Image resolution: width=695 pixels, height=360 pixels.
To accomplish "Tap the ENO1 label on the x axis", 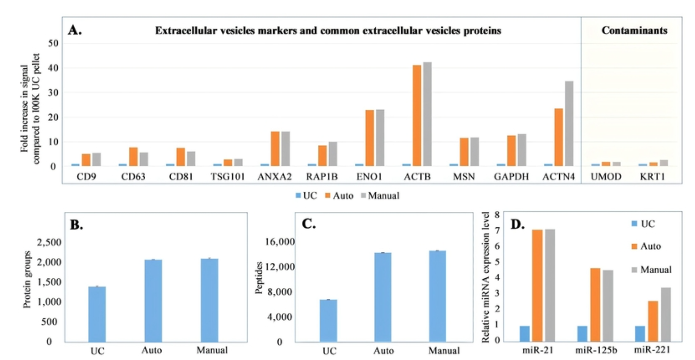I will [x=369, y=177].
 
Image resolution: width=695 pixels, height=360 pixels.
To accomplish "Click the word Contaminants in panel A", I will [x=634, y=30].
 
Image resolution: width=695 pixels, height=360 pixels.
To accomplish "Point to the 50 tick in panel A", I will [x=53, y=43].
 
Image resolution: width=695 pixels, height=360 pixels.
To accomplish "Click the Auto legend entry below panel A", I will [x=339, y=196].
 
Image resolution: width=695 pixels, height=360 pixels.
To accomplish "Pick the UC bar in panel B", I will [x=97, y=314].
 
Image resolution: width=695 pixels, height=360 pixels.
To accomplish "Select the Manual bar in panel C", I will [x=437, y=296].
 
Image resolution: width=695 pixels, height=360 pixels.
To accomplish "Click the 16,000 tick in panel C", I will [x=280, y=242].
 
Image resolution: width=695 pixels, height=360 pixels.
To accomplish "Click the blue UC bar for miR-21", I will [x=525, y=333].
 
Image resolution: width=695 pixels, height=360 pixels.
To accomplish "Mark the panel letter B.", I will [x=76, y=225].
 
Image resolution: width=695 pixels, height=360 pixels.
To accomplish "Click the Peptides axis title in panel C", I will [x=259, y=278].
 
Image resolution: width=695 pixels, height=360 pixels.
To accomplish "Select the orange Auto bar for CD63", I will [x=133, y=157].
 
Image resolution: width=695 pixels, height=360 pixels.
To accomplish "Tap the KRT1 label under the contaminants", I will [x=652, y=177].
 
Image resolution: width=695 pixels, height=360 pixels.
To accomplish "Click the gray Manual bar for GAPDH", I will [x=522, y=150].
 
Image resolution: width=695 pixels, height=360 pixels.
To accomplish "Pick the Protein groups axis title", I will [x=27, y=279].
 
